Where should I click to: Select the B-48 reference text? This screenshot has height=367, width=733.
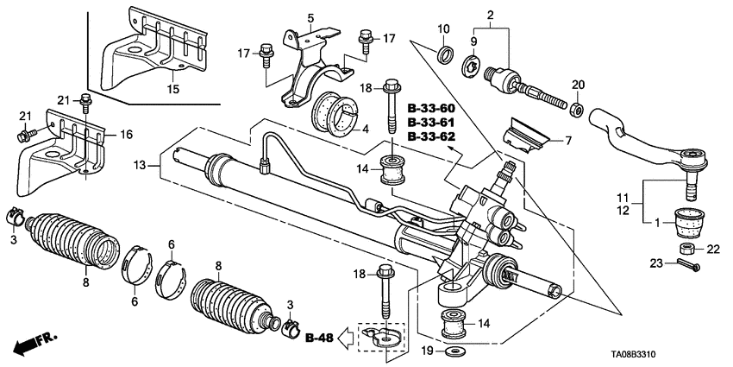pos(318,337)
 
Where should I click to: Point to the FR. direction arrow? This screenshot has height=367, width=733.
pos(32,344)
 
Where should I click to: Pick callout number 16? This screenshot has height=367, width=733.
pos(125,135)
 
